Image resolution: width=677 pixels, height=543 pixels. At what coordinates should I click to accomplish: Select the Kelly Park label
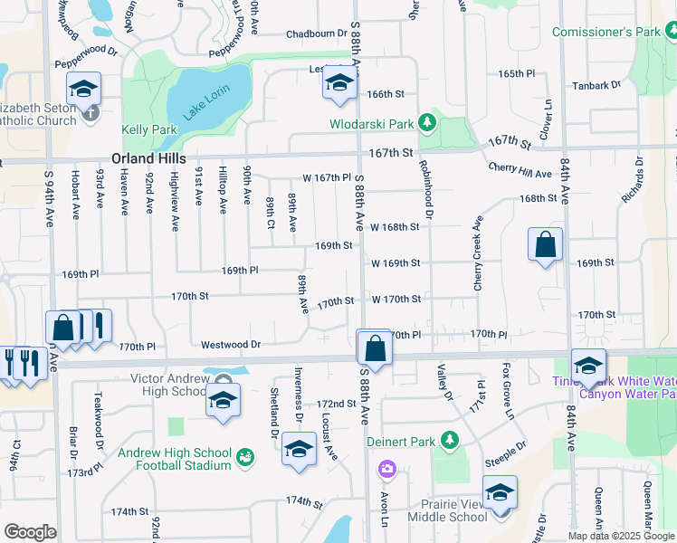(x=151, y=130)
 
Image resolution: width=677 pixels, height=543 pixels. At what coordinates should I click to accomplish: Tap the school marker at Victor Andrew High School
(x=222, y=400)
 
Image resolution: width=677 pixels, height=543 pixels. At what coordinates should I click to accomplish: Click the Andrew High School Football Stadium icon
(x=244, y=459)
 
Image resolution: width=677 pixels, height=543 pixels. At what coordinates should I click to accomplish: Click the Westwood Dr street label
(x=231, y=345)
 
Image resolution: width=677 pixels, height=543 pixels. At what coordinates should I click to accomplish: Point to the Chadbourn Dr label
(x=317, y=33)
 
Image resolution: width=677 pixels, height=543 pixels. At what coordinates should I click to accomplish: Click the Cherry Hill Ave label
(x=520, y=172)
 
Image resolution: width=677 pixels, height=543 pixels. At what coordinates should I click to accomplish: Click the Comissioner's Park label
(x=606, y=33)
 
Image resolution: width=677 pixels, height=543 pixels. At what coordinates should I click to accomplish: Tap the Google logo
(x=30, y=532)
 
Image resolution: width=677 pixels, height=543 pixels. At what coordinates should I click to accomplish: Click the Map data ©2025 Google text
(x=620, y=536)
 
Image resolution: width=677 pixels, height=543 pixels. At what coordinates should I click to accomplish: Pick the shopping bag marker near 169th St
(x=545, y=244)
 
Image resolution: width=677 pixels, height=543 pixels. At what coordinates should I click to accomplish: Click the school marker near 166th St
(x=339, y=83)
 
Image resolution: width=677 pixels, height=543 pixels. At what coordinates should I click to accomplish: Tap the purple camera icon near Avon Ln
(x=387, y=468)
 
